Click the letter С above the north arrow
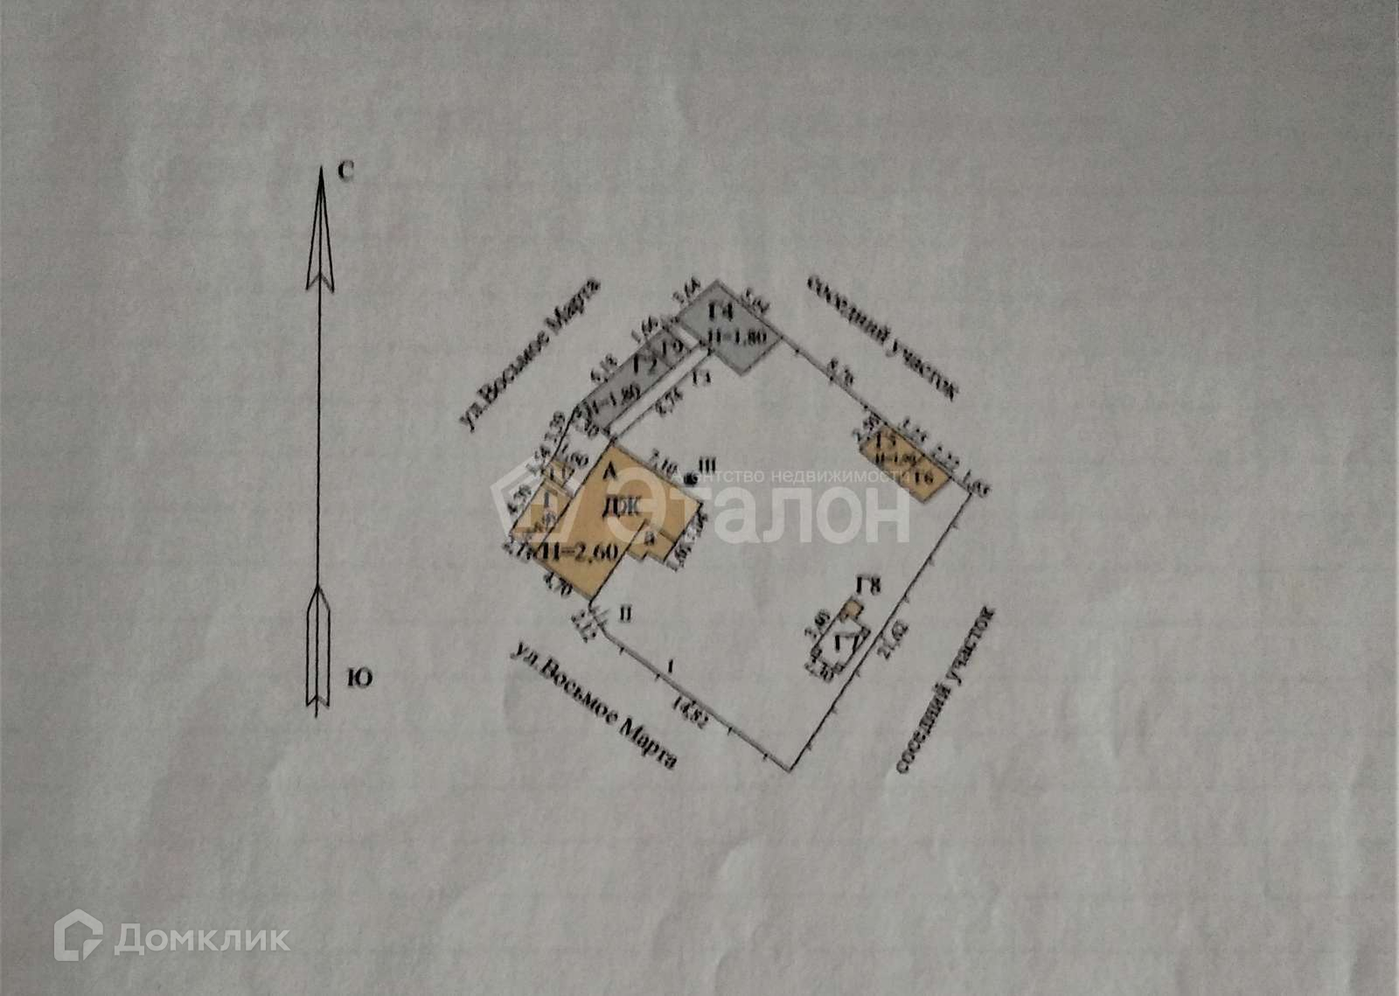345,173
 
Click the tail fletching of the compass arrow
317,647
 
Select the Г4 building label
721,311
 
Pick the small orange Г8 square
851,608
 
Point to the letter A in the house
611,472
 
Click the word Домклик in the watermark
202,939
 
